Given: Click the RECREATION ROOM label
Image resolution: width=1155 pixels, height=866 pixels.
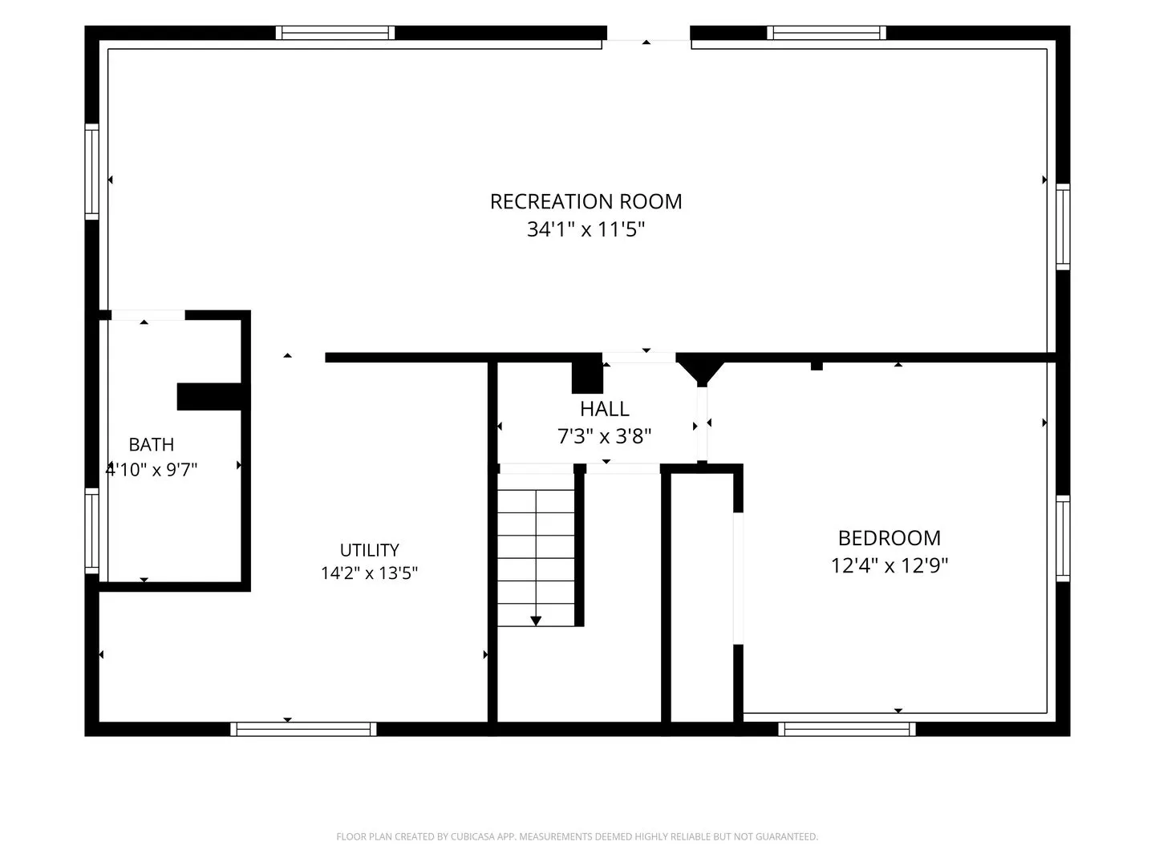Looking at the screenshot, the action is [x=586, y=201].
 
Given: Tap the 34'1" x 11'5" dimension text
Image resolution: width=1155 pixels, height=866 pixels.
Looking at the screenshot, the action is [x=586, y=229].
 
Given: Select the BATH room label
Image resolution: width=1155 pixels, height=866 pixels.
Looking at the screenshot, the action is [x=152, y=445].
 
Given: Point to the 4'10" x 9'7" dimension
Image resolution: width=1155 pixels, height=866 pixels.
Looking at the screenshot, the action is [x=152, y=469].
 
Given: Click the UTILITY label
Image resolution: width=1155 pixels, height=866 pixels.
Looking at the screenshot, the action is [x=370, y=550].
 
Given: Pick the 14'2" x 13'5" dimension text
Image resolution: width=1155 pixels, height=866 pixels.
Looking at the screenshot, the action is [x=370, y=573].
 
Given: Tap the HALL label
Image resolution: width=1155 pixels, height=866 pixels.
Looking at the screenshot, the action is [x=605, y=409].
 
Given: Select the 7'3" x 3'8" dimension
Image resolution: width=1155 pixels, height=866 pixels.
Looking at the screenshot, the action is [x=605, y=436].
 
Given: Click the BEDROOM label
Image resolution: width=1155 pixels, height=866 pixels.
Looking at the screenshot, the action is [x=890, y=538].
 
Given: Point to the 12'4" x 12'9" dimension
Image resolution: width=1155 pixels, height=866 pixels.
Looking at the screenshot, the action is [x=890, y=566].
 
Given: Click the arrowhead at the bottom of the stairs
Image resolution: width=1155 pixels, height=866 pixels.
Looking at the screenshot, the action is [x=536, y=621].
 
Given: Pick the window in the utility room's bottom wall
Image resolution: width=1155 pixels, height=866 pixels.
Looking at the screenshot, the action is [x=304, y=729].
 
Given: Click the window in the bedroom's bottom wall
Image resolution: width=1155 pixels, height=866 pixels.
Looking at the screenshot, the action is [x=847, y=729].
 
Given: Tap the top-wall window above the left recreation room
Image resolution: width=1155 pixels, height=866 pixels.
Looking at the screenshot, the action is [x=335, y=33].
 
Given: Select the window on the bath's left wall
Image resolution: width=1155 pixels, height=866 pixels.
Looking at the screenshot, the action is [x=92, y=531].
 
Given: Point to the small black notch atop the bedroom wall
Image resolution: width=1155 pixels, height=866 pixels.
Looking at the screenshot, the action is [x=817, y=366].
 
